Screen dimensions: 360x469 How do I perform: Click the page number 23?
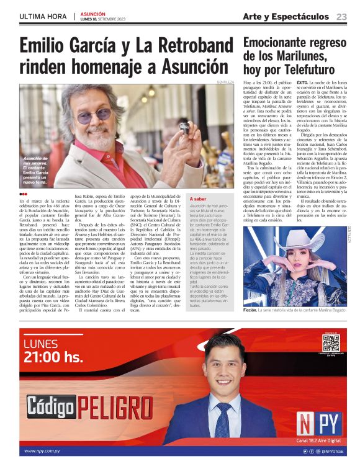(342, 17)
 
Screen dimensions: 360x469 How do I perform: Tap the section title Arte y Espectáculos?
(286, 16)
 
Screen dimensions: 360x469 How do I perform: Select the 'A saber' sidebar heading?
(199, 199)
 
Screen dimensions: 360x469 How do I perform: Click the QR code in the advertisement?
(331, 343)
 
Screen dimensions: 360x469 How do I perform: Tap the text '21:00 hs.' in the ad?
(53, 357)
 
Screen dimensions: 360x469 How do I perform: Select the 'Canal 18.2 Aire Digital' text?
(319, 440)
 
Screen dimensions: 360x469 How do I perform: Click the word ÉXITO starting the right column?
(303, 83)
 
